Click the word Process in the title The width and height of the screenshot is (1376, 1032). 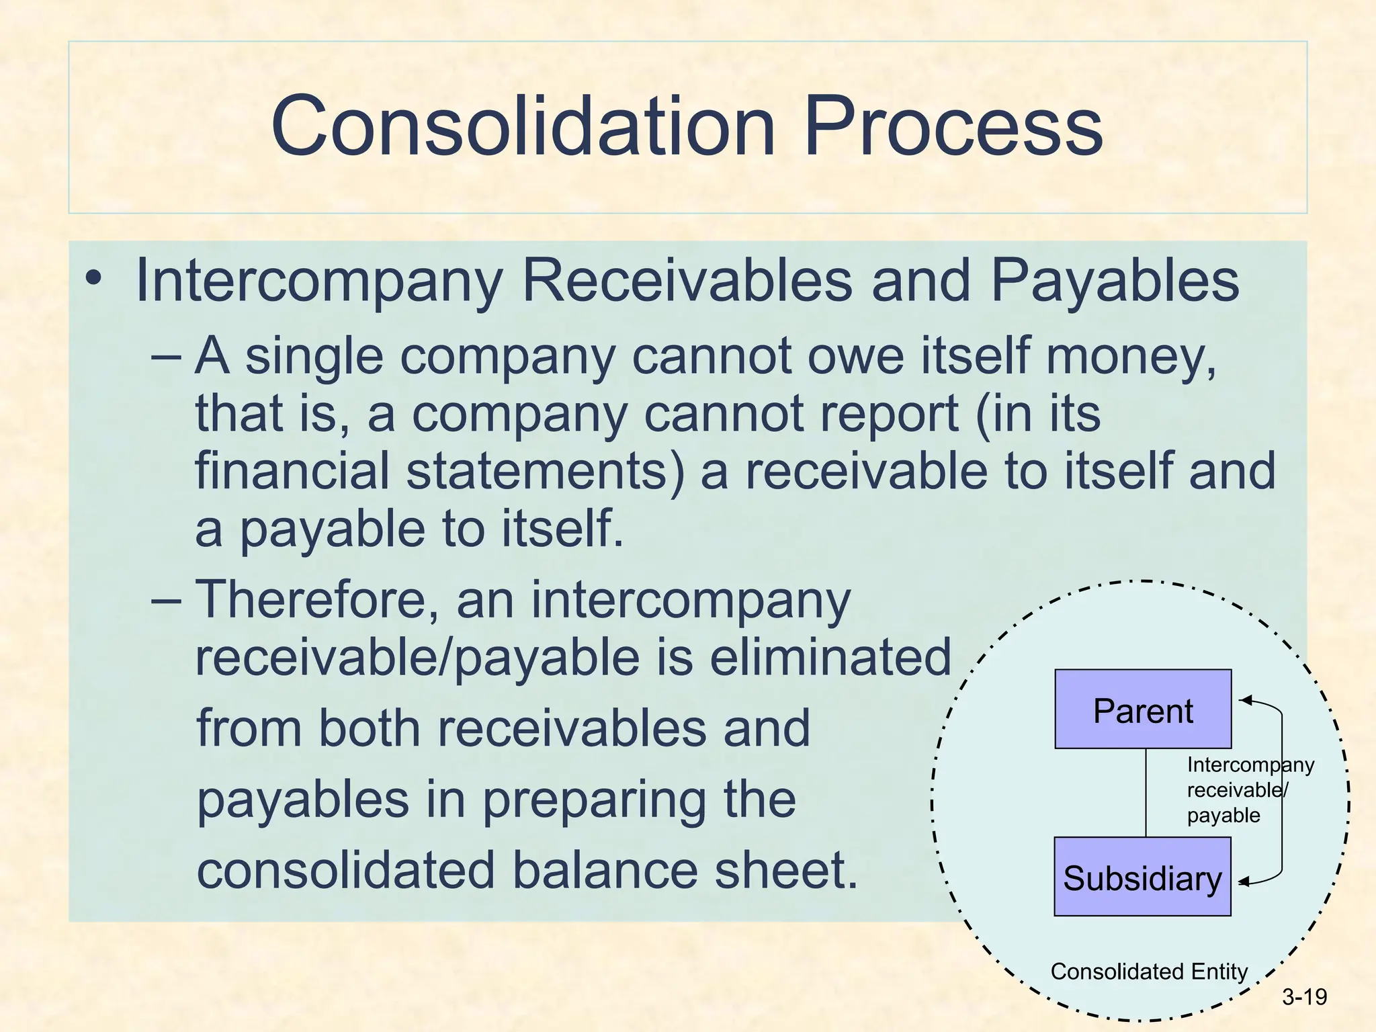[952, 126]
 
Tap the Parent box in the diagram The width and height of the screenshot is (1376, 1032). [1143, 709]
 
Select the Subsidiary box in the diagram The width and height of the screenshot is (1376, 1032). [1142, 877]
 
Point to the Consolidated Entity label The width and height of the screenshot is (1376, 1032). [1148, 972]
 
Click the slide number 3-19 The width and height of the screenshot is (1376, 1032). [1304, 997]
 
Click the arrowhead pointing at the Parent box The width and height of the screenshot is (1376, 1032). [1245, 701]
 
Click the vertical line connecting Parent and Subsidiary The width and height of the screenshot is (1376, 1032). [1146, 793]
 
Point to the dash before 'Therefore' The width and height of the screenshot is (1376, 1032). [166, 599]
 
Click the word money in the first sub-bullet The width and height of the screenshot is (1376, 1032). [1130, 356]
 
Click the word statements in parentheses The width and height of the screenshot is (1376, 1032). [545, 471]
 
